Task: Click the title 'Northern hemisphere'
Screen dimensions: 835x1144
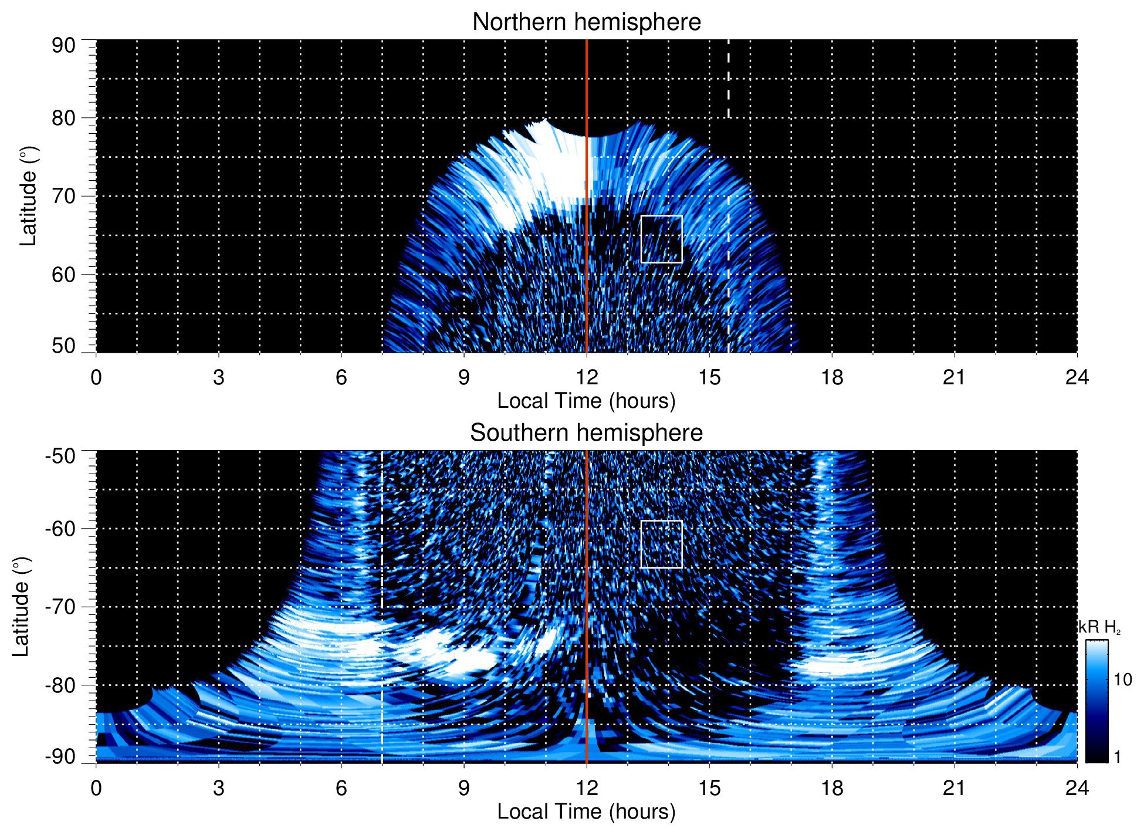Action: point(586,22)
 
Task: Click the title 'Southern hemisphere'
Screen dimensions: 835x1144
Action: point(586,433)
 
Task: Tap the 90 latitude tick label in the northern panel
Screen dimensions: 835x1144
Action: point(63,46)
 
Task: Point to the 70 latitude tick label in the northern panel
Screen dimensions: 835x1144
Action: point(63,196)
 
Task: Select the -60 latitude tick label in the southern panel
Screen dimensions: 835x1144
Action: point(60,529)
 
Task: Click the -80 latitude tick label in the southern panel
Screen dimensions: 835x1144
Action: point(60,685)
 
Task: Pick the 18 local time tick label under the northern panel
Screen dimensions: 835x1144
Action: point(832,377)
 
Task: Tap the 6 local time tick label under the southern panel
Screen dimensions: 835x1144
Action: point(341,788)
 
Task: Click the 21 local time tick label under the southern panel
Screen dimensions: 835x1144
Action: point(955,788)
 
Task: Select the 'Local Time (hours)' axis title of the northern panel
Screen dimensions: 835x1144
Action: point(586,401)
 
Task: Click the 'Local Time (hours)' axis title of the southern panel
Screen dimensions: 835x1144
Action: point(586,812)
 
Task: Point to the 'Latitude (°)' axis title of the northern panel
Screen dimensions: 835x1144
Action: point(28,196)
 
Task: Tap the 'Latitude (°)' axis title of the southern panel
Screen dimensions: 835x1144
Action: point(21,607)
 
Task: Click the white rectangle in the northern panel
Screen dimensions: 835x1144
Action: point(661,239)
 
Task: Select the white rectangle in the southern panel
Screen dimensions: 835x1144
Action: point(661,544)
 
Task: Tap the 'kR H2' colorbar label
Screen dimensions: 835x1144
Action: point(1099,627)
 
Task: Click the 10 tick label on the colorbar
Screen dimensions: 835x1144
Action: point(1122,680)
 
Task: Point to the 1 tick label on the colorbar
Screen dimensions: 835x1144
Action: point(1117,757)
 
